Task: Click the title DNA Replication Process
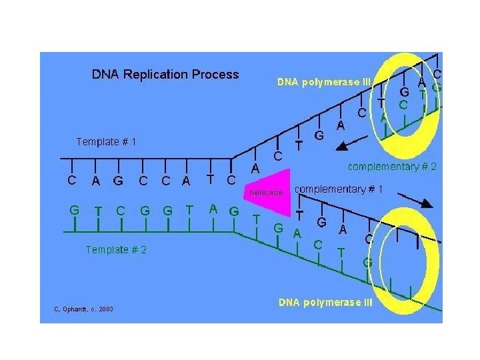pyautogui.click(x=165, y=74)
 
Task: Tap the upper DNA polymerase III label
pyautogui.click(x=323, y=83)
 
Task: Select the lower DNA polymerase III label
pyautogui.click(x=326, y=303)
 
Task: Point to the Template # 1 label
pyautogui.click(x=106, y=141)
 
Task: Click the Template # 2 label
pyautogui.click(x=116, y=249)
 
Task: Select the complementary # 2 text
pyautogui.click(x=392, y=167)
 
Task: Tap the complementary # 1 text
pyautogui.click(x=339, y=189)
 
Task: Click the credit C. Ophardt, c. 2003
pyautogui.click(x=83, y=309)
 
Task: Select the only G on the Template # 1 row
pyautogui.click(x=118, y=180)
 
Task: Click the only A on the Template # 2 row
pyautogui.click(x=213, y=208)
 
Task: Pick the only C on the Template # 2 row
pyautogui.click(x=120, y=210)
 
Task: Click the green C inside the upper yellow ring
pyautogui.click(x=403, y=105)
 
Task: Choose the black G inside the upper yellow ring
pyautogui.click(x=404, y=93)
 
